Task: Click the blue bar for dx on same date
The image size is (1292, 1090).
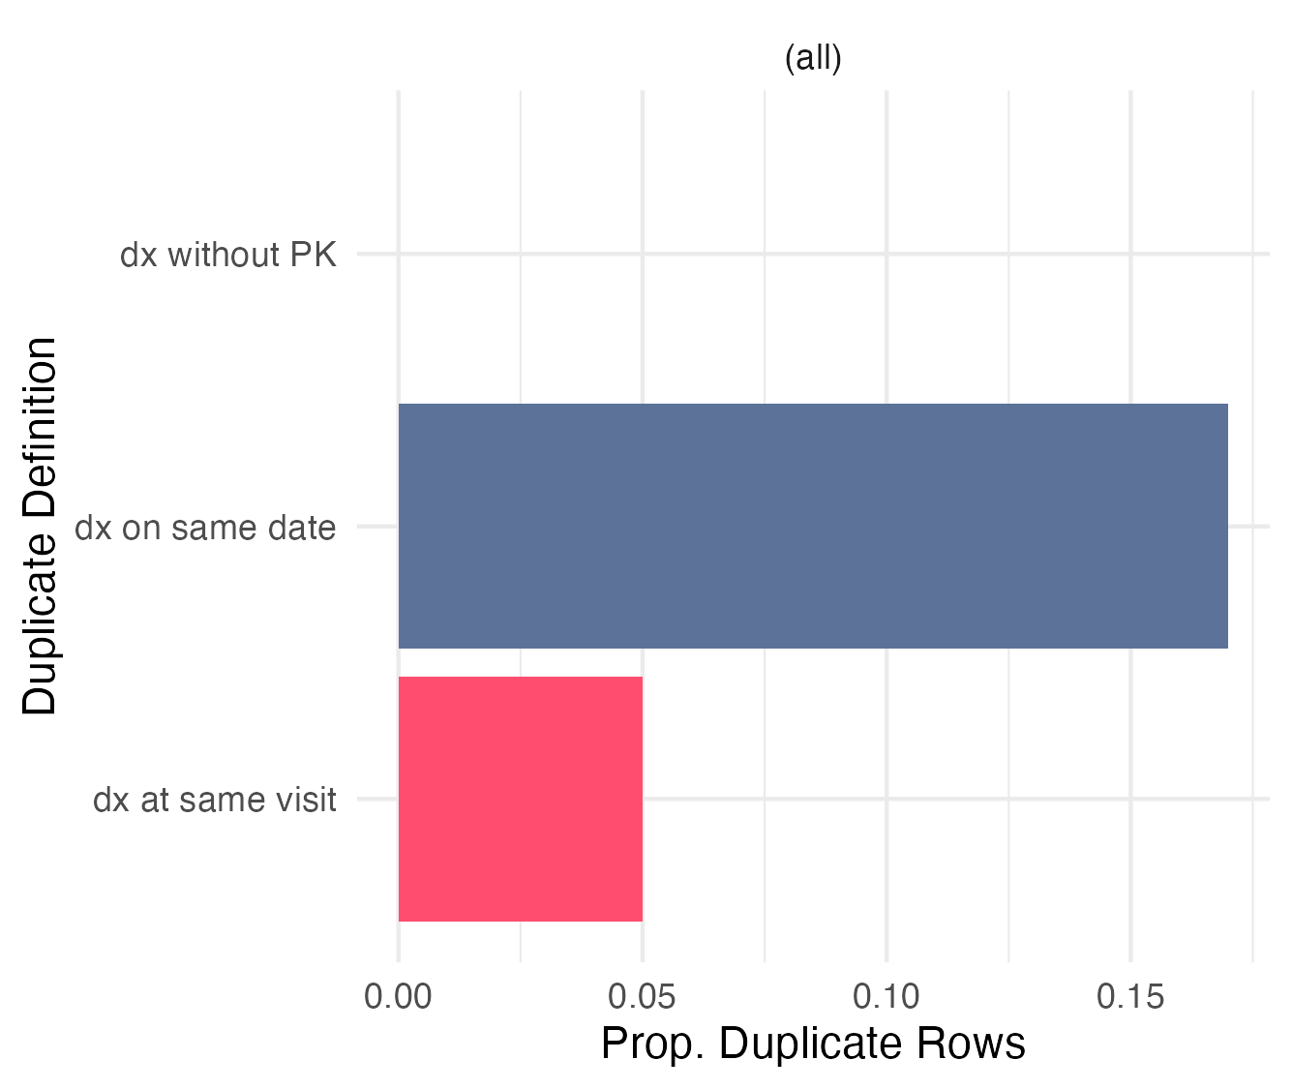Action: (812, 526)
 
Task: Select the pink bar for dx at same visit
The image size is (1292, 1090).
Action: (521, 799)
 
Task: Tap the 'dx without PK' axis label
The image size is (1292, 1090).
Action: (227, 255)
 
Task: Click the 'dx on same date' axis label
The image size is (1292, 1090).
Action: (205, 528)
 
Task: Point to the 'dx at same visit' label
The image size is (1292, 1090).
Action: (214, 800)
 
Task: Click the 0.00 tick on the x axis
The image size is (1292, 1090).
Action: (398, 997)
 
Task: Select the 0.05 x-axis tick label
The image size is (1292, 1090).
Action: (642, 997)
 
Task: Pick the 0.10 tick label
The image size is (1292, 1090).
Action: (886, 997)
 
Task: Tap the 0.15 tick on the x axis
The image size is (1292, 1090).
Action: (1130, 997)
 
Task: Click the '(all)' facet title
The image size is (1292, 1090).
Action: (813, 59)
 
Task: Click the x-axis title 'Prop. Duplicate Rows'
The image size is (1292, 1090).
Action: (813, 1045)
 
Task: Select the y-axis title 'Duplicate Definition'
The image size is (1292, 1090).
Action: (40, 526)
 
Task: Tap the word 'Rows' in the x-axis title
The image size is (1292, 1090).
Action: (971, 1045)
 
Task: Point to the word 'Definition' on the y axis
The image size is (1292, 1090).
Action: (40, 428)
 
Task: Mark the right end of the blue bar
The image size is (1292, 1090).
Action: (1228, 526)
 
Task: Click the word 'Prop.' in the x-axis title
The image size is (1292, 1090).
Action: (653, 1045)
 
